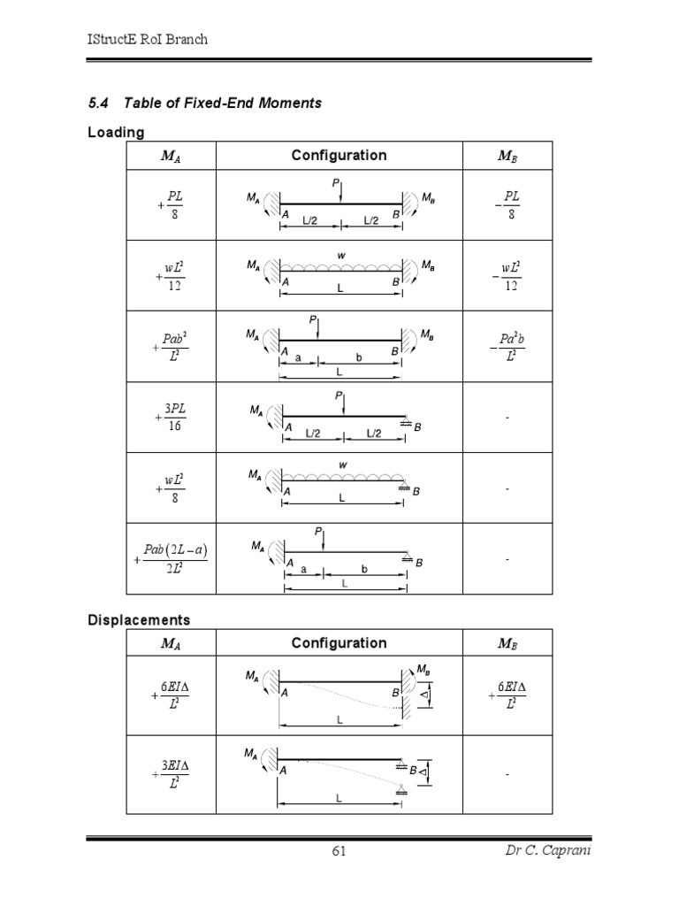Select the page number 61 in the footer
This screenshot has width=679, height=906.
pyautogui.click(x=339, y=851)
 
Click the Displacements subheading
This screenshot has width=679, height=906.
pyautogui.click(x=139, y=619)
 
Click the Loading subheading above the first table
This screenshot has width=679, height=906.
pyautogui.click(x=116, y=133)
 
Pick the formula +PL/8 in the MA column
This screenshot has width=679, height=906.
pyautogui.click(x=172, y=203)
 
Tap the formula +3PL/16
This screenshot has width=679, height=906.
pyautogui.click(x=172, y=418)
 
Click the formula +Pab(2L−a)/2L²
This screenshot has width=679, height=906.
pyautogui.click(x=172, y=560)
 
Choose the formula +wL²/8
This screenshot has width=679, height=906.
pyautogui.click(x=172, y=488)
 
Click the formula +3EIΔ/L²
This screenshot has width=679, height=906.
pyautogui.click(x=172, y=774)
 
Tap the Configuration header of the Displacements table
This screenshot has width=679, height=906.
pyautogui.click(x=339, y=643)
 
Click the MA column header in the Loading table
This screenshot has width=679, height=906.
pyautogui.click(x=172, y=156)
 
